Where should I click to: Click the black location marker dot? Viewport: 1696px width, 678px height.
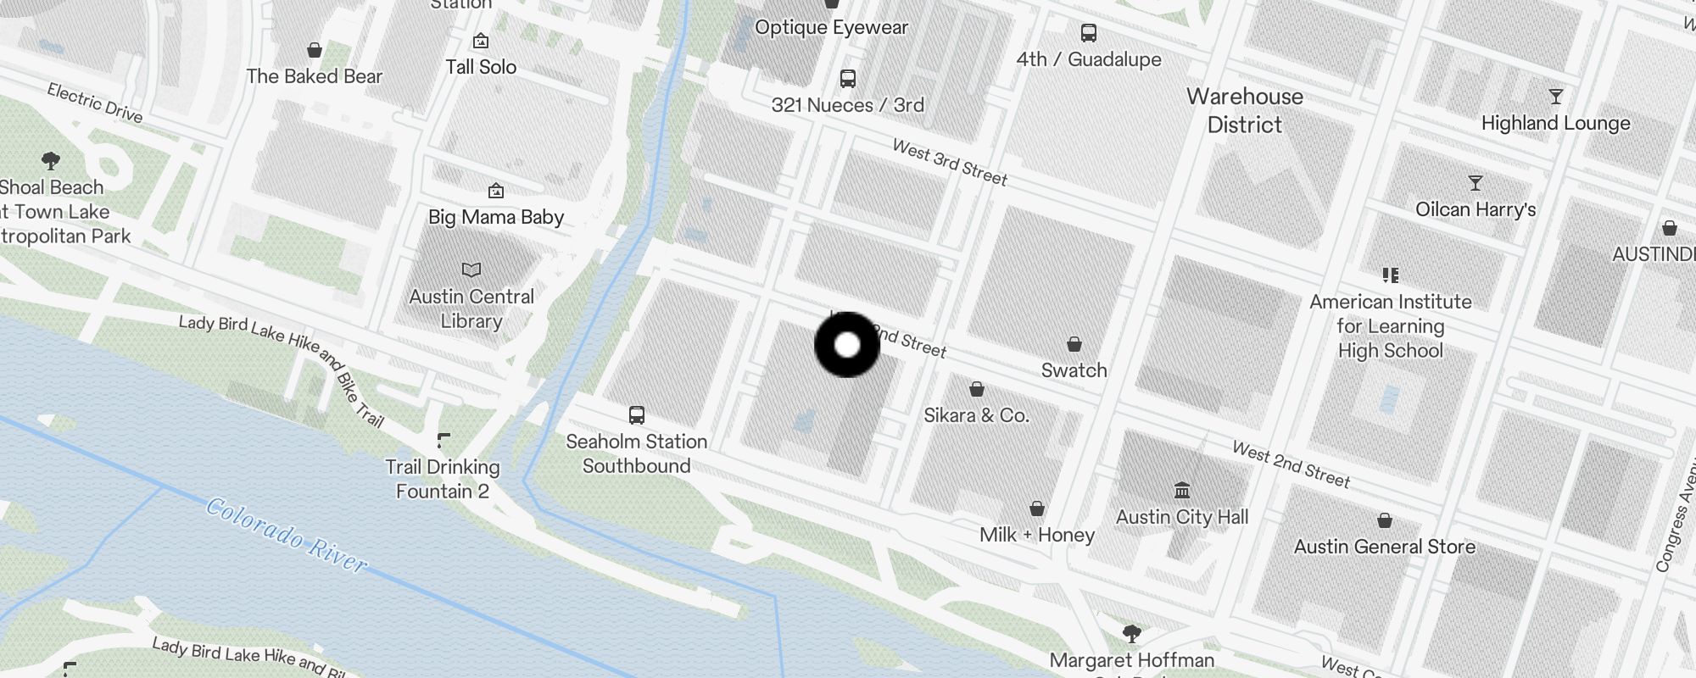[847, 345]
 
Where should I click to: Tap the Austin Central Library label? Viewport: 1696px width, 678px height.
[471, 308]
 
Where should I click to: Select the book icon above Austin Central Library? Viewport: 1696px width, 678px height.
[471, 270]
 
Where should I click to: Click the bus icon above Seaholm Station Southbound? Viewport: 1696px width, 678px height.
[637, 414]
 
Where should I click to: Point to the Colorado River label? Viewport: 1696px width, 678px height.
[287, 535]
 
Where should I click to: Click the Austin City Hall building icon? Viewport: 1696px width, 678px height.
[1182, 490]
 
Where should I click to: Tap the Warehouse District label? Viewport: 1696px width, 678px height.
[1244, 110]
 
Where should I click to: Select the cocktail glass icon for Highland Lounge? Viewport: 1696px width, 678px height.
[1555, 97]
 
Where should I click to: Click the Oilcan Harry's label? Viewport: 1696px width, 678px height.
[1476, 209]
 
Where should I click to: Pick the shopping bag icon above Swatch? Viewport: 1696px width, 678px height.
[1074, 344]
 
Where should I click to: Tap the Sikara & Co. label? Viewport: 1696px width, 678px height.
[976, 415]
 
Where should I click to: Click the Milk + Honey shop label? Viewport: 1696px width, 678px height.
[1036, 535]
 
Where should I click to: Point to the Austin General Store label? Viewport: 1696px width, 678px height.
[1384, 547]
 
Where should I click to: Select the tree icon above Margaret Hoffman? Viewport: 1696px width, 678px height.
[1131, 633]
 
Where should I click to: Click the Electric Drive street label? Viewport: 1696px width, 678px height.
[95, 103]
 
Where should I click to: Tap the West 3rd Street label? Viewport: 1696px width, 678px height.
[950, 162]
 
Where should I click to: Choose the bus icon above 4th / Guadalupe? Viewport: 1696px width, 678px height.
[1089, 33]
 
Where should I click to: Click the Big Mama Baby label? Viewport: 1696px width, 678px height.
[496, 217]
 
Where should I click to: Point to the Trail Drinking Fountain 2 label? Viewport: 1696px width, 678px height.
[443, 479]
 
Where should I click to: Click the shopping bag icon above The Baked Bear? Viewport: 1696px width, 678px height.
[315, 50]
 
